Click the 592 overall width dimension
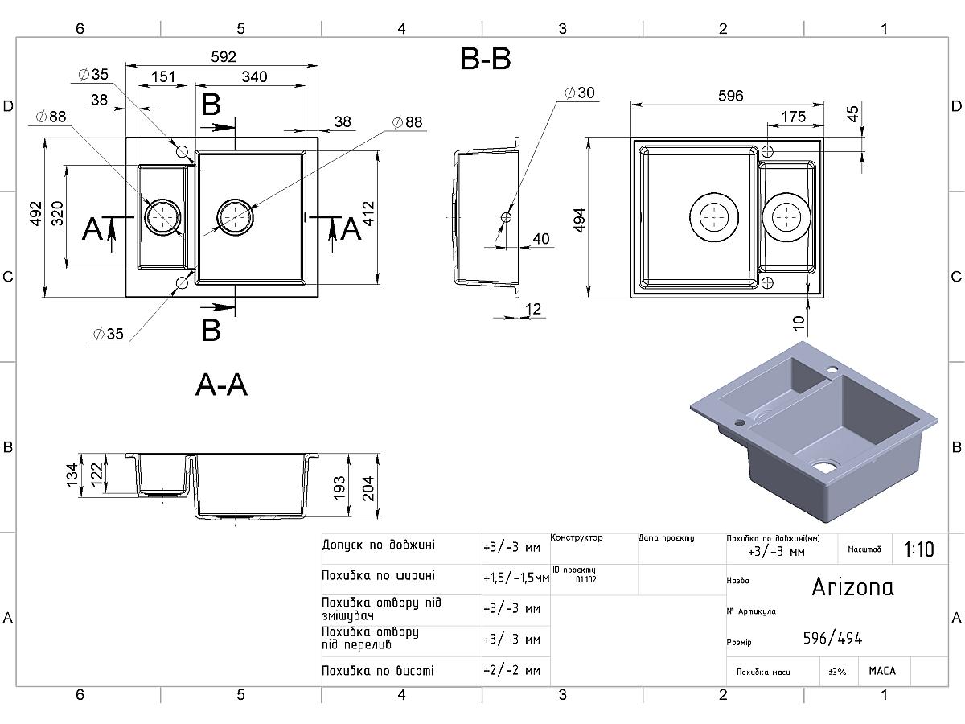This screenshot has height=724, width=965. click(x=224, y=56)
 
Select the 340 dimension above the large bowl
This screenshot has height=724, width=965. click(x=254, y=77)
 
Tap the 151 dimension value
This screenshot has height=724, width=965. click(x=163, y=77)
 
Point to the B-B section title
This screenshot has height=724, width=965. click(x=486, y=59)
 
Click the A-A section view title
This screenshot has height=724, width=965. click(x=221, y=385)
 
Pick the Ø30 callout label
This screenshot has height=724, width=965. click(x=580, y=93)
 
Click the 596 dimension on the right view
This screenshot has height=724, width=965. click(x=731, y=96)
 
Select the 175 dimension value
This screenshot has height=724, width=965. click(x=793, y=117)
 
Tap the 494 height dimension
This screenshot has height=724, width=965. click(x=580, y=220)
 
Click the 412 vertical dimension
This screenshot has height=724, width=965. click(x=368, y=214)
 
